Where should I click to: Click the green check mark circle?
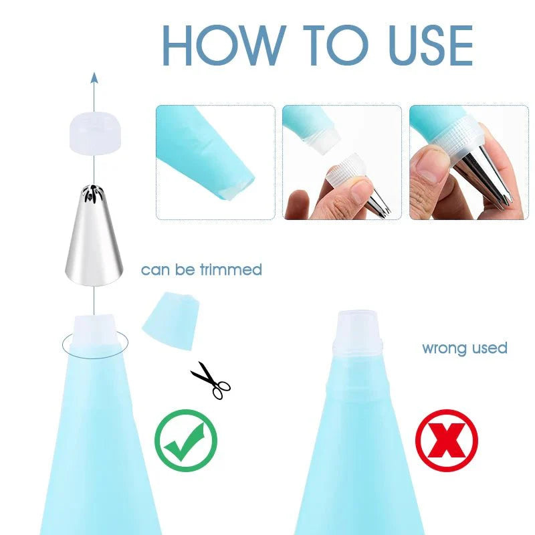coord(186,441)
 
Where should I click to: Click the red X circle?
coord(446,441)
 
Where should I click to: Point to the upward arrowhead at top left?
coord(94,79)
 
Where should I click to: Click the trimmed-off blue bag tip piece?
coord(171,320)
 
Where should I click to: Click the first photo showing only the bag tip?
coord(215,162)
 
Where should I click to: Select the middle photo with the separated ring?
coord(342,162)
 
